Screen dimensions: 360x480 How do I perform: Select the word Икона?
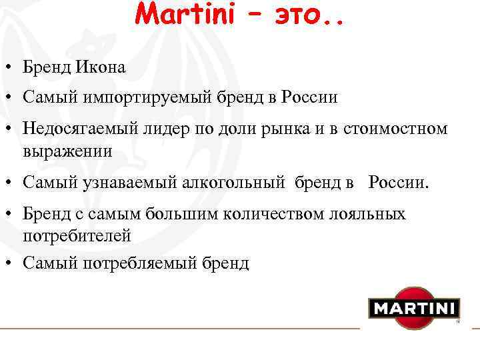103,67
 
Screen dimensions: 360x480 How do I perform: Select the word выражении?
67,151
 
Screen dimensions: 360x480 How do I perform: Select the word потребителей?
77,235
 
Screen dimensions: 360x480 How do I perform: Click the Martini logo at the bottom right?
414,308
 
